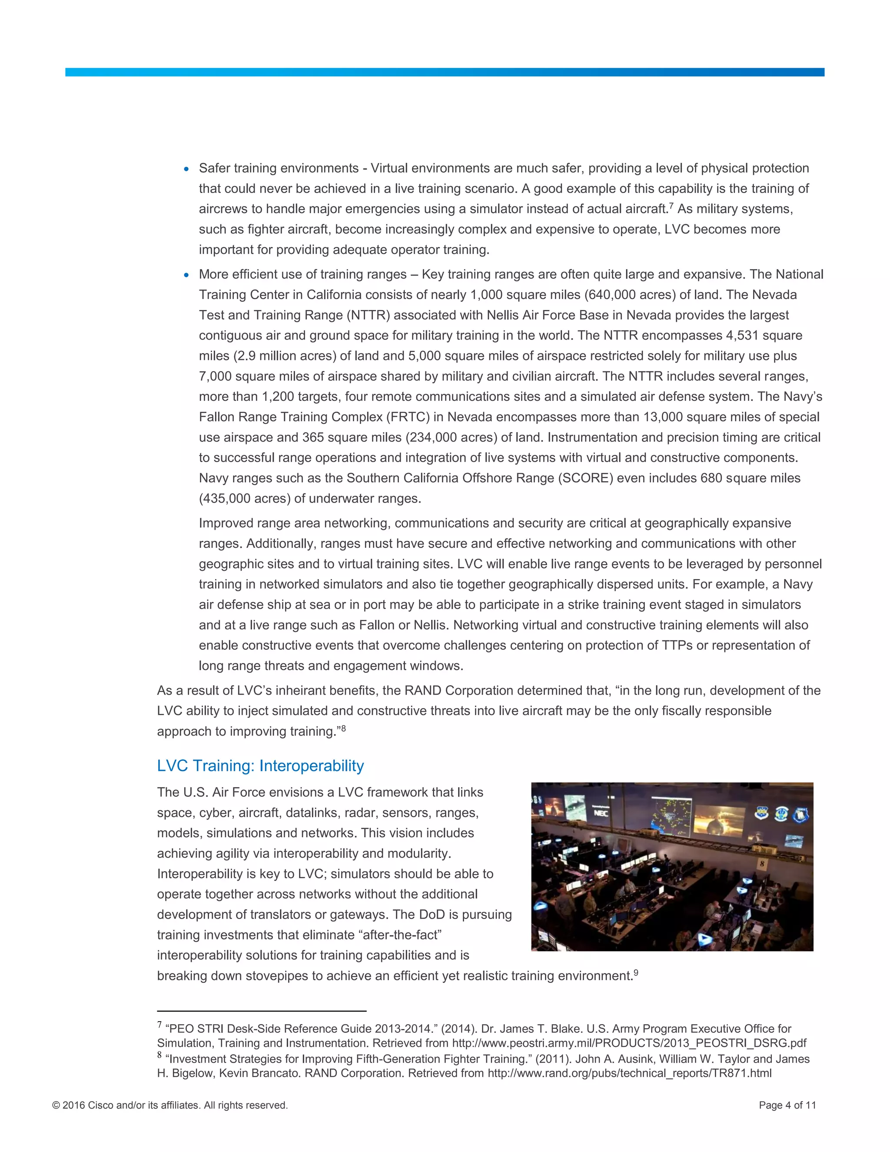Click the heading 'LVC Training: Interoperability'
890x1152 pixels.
click(x=260, y=766)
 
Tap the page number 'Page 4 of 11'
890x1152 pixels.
click(x=787, y=1105)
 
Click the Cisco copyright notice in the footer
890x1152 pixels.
click(x=170, y=1105)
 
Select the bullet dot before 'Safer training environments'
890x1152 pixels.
click(x=186, y=169)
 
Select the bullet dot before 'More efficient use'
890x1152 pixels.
click(x=186, y=275)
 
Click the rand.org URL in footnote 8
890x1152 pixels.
click(x=630, y=1073)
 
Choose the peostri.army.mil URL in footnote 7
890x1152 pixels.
click(x=629, y=1043)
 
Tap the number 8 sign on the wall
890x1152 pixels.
click(x=761, y=864)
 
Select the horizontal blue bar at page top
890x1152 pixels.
click(x=445, y=72)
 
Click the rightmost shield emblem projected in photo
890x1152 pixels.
click(x=800, y=816)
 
